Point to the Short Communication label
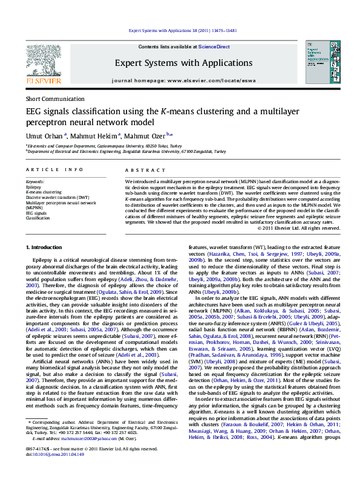(x=55, y=99)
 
